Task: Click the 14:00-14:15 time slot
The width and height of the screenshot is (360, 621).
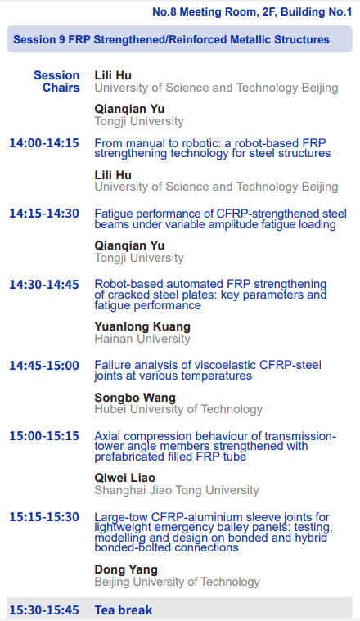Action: (44, 143)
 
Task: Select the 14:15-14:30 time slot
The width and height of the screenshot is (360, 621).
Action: (44, 214)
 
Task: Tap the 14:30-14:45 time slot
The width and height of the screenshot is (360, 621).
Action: (44, 285)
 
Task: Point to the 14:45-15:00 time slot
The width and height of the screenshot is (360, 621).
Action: (44, 365)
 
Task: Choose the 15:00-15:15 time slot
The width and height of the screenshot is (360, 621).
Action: (44, 435)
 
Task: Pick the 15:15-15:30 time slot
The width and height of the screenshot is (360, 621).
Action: (44, 517)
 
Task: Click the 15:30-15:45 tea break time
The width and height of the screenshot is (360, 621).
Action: (44, 610)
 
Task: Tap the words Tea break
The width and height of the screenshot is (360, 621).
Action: (124, 610)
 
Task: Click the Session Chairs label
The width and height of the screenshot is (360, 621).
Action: (56, 81)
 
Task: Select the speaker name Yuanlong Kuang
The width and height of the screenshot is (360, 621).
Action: (142, 326)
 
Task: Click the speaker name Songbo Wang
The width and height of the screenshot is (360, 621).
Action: (135, 398)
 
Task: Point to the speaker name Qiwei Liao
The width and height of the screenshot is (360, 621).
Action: (124, 478)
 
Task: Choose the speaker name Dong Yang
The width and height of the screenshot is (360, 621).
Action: (126, 570)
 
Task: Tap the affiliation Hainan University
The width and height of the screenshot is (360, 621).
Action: (142, 339)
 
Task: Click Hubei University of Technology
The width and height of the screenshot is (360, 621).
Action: (178, 410)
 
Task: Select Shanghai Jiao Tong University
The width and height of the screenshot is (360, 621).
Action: (177, 490)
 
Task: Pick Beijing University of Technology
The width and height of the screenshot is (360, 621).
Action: (178, 582)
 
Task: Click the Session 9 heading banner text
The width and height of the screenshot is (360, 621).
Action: (172, 39)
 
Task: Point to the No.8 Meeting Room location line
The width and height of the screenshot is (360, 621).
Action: (252, 12)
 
